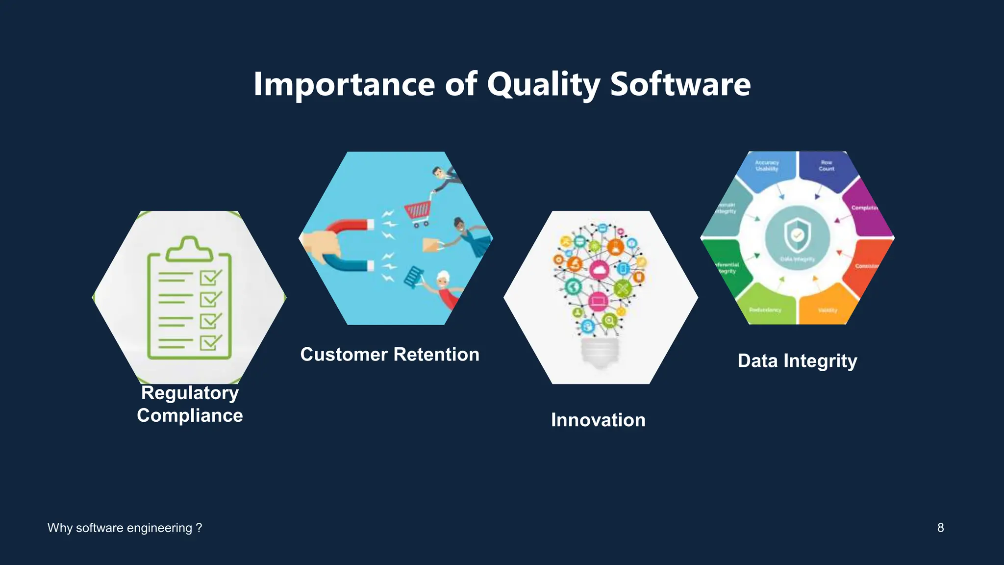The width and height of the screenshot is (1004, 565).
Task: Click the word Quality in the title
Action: (543, 84)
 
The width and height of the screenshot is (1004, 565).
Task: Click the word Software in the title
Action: (680, 84)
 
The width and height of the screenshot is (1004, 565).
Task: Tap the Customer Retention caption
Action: (390, 355)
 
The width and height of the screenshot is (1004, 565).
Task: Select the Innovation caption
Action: (598, 420)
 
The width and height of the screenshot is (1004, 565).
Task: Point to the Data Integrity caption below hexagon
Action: (797, 361)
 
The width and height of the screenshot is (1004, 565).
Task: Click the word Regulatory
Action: (190, 393)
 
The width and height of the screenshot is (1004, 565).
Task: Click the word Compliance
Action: (190, 415)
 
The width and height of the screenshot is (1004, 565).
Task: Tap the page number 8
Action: (940, 528)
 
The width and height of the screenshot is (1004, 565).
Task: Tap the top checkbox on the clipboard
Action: (211, 278)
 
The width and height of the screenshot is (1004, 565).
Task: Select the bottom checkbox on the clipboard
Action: (211, 342)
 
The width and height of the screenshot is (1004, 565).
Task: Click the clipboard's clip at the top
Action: (189, 249)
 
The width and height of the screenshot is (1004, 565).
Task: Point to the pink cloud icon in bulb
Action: (599, 270)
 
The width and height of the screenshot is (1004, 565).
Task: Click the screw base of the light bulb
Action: (600, 352)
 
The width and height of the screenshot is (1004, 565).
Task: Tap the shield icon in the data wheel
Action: (797, 235)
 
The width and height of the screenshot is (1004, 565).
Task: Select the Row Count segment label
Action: (827, 166)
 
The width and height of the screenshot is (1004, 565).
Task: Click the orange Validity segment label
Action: (828, 310)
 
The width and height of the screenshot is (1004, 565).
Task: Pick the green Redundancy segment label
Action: (765, 310)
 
